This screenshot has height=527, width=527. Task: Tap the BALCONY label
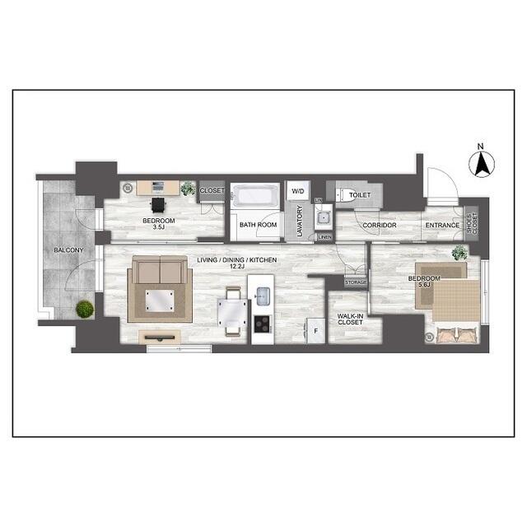tap(68, 249)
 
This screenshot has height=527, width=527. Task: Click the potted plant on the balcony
tap(84, 310)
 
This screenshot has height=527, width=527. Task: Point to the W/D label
tap(297, 191)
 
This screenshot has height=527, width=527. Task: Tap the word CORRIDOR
tap(380, 225)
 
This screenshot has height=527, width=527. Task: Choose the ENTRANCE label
tap(442, 225)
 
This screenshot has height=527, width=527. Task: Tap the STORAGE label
tap(356, 282)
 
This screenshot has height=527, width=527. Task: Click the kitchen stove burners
tap(263, 323)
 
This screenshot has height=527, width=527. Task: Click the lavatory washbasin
tap(323, 218)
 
